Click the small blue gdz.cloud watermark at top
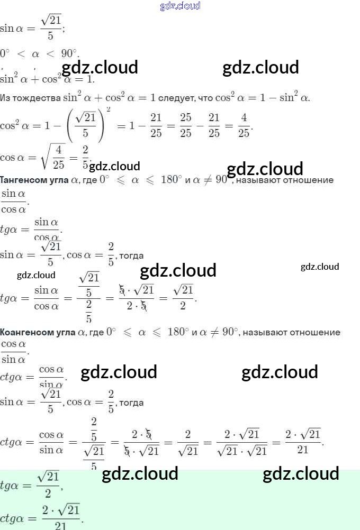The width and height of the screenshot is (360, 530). (180, 6)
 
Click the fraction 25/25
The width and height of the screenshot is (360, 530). (185, 125)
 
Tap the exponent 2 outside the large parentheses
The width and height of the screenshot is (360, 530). (108, 109)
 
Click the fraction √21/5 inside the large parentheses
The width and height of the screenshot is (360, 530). (85, 125)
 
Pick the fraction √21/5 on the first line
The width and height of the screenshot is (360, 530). (51, 27)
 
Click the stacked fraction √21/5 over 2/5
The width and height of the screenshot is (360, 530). (88, 298)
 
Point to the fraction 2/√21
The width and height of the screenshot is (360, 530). (188, 443)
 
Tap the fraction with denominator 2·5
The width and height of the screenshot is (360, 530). (136, 298)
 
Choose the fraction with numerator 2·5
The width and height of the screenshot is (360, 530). (141, 443)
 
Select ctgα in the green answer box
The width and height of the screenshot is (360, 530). (16, 518)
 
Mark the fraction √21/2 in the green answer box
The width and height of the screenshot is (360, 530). (48, 485)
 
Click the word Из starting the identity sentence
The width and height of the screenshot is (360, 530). (5, 98)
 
